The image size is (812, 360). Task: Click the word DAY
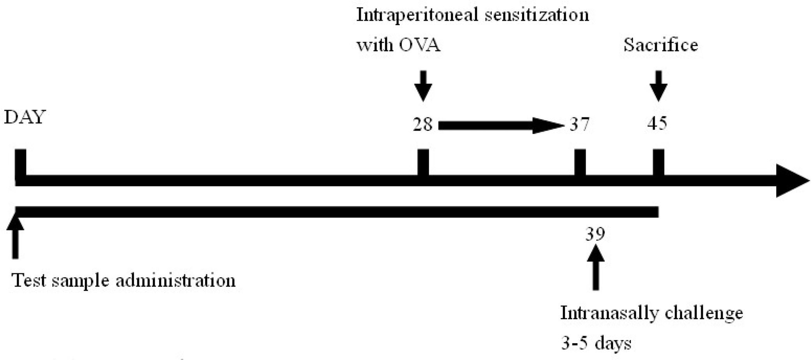click(x=25, y=117)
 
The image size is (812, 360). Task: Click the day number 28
click(x=423, y=125)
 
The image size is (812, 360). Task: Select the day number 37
click(x=580, y=125)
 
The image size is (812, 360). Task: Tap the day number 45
click(x=657, y=124)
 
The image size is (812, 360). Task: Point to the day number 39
click(x=595, y=234)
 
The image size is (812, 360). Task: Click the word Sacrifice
click(x=661, y=45)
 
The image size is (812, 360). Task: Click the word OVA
click(x=419, y=45)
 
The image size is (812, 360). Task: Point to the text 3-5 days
click(x=596, y=343)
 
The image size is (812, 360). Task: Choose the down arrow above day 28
click(x=423, y=86)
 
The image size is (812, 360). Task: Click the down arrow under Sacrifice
click(x=659, y=86)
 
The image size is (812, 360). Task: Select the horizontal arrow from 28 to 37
click(x=501, y=125)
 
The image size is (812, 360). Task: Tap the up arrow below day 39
click(x=596, y=269)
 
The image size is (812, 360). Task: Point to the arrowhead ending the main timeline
click(x=791, y=181)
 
